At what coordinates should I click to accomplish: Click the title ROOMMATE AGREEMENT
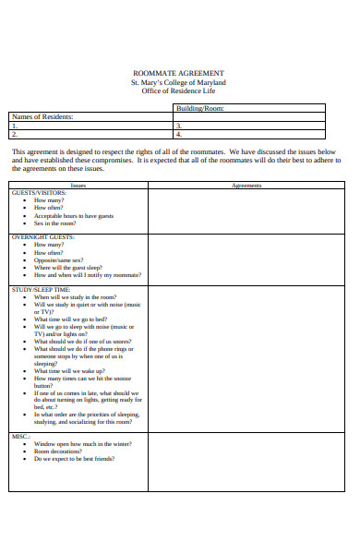[x=178, y=73]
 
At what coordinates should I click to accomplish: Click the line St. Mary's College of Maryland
[x=178, y=82]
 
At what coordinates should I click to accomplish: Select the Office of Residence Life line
[x=178, y=91]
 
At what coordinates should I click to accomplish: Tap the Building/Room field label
[x=199, y=108]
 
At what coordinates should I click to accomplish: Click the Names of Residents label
[x=42, y=116]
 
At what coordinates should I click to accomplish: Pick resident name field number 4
[x=249, y=133]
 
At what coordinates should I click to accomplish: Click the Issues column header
[x=78, y=186]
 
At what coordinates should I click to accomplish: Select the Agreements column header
[x=246, y=186]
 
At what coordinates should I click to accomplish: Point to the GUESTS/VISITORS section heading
[x=39, y=193]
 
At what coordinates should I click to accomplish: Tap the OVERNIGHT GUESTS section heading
[x=42, y=237]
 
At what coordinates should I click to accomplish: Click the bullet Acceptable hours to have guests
[x=74, y=215]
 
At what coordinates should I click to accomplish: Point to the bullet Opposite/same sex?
[x=64, y=259]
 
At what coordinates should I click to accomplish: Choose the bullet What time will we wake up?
[x=75, y=370]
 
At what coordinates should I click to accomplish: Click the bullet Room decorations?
[x=59, y=451]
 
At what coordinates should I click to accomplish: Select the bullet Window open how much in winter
[x=83, y=443]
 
